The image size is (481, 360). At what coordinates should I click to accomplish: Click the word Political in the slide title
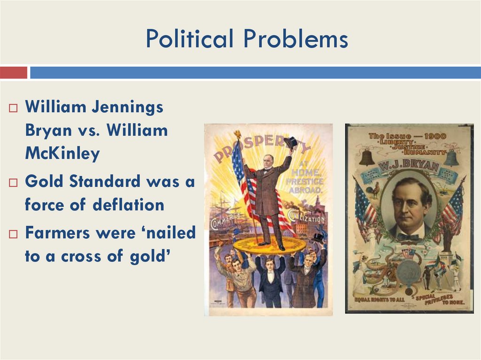click(x=189, y=39)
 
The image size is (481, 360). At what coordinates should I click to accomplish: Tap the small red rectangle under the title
click(x=14, y=73)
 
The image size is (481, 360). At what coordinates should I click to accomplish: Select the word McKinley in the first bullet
click(x=62, y=154)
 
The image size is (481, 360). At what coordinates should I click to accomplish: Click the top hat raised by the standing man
click(x=291, y=142)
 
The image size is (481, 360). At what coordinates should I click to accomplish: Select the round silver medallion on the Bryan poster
click(x=409, y=271)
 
